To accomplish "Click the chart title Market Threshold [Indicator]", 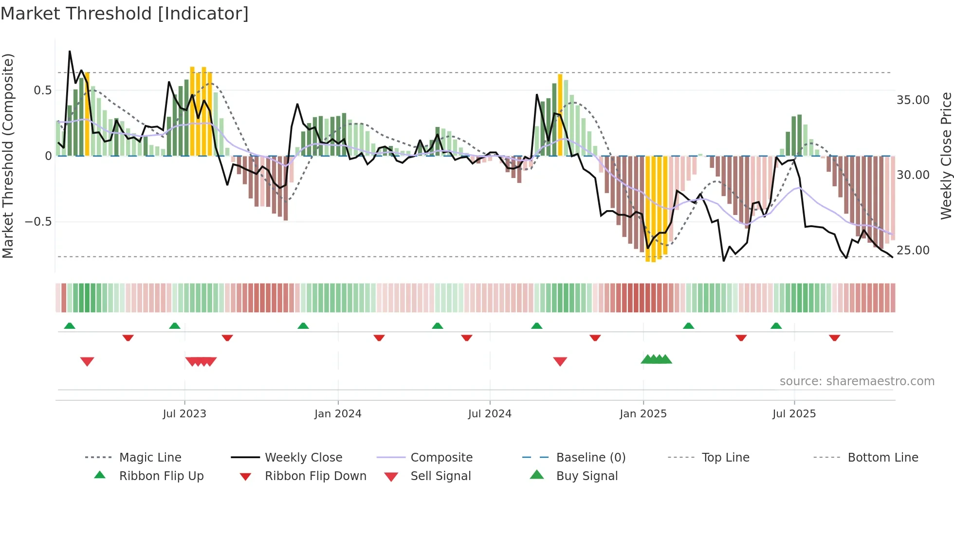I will [125, 14].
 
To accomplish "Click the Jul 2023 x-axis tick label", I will [184, 414].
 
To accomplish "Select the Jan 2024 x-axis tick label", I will [338, 414].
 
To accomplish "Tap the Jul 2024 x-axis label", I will [490, 414].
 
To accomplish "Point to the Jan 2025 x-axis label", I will [643, 414].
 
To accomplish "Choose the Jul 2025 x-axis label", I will [794, 414].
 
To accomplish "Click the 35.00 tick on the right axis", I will [913, 100].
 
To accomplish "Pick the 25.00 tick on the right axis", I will [913, 250].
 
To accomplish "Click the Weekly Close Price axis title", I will [946, 156].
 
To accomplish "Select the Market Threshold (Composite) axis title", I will [8, 156].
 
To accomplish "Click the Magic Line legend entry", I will [150, 458].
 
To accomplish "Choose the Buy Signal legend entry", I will [587, 476].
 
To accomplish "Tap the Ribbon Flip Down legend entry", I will [315, 476].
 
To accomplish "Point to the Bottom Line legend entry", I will [882, 458].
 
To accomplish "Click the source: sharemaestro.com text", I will [857, 381].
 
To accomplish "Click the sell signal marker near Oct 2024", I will [560, 361].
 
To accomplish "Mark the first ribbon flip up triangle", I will [70, 326].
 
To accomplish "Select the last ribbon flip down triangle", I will [834, 338].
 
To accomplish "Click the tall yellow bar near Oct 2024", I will [560, 115].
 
